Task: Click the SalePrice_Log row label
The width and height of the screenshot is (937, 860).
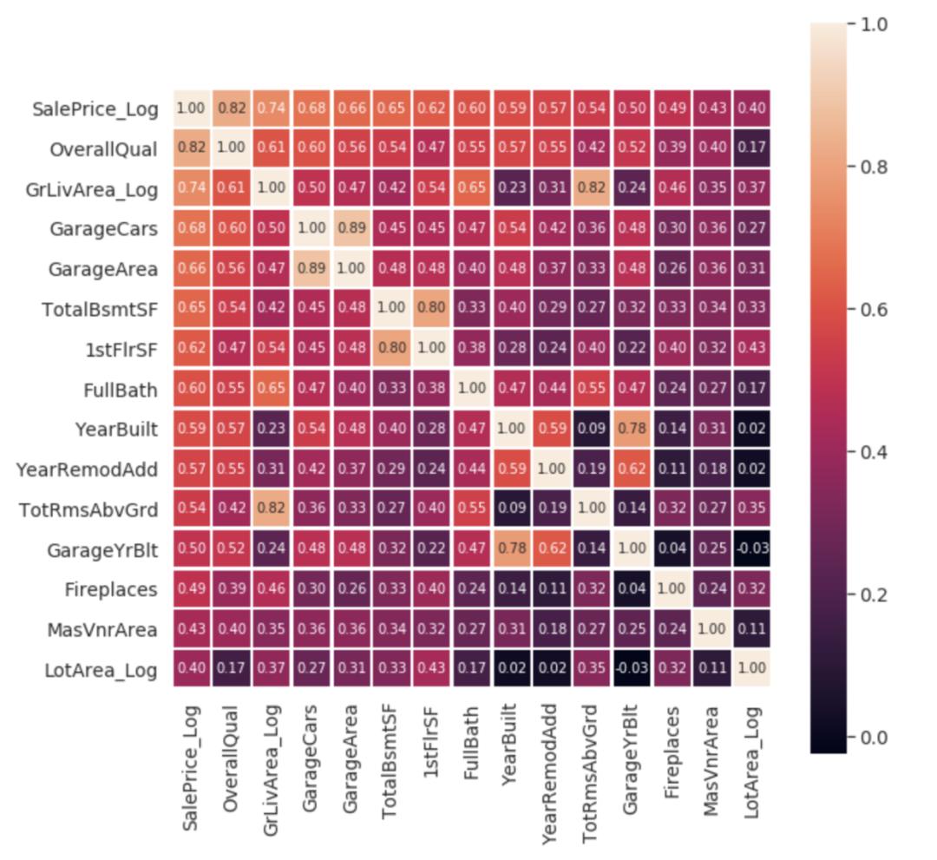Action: (x=95, y=109)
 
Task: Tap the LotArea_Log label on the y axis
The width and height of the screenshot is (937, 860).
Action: (x=102, y=670)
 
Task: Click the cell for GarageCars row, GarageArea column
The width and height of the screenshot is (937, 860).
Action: (x=351, y=229)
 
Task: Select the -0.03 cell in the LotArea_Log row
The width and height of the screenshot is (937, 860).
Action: (x=632, y=669)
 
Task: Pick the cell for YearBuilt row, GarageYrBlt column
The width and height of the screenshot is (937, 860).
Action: (x=632, y=429)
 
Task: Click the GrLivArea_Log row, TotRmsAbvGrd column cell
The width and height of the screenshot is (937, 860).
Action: (x=592, y=189)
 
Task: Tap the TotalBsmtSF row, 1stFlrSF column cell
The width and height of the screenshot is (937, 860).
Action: (x=431, y=309)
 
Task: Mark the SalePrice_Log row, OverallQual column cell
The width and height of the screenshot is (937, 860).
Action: (x=232, y=108)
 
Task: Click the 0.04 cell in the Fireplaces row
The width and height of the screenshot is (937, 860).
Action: (x=632, y=589)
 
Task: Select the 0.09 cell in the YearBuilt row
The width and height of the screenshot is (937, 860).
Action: (x=592, y=429)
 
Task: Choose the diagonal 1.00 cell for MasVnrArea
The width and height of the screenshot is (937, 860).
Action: (x=711, y=629)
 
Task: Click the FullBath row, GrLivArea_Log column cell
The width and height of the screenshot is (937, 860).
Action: (x=272, y=389)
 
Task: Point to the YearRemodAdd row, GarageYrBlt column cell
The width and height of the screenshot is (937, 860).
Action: (x=632, y=469)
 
